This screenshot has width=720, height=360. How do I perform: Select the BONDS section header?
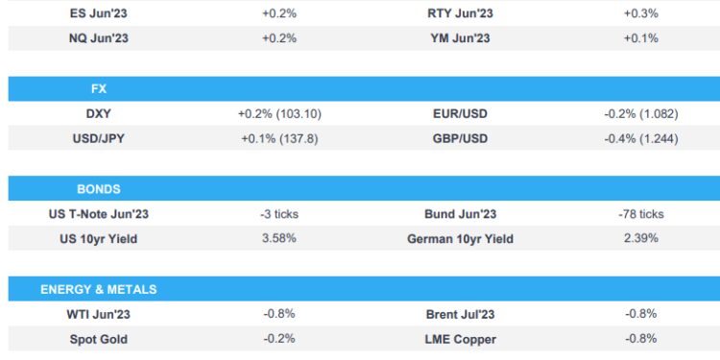click(x=99, y=189)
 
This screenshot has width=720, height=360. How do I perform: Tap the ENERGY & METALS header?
click(x=99, y=289)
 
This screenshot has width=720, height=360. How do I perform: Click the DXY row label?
click(x=99, y=113)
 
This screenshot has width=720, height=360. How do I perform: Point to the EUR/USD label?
click(x=460, y=113)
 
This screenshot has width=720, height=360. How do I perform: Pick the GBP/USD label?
click(x=460, y=138)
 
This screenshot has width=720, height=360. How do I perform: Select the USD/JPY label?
click(x=99, y=138)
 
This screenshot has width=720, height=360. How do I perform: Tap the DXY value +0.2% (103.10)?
click(x=278, y=113)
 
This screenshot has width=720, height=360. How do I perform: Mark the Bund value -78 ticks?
click(x=640, y=214)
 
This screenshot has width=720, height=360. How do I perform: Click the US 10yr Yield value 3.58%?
click(x=278, y=238)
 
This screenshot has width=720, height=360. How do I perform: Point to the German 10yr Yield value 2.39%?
click(x=640, y=238)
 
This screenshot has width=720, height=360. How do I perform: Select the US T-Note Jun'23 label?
click(x=99, y=214)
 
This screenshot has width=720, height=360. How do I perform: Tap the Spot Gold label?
click(x=99, y=339)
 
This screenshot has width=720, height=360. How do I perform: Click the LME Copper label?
click(x=460, y=339)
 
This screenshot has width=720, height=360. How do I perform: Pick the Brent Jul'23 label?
click(x=460, y=314)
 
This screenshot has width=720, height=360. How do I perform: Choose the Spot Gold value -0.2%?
click(x=278, y=339)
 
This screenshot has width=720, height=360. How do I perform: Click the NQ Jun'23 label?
click(x=99, y=38)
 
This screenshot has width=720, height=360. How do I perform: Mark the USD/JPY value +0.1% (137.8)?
click(x=278, y=138)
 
